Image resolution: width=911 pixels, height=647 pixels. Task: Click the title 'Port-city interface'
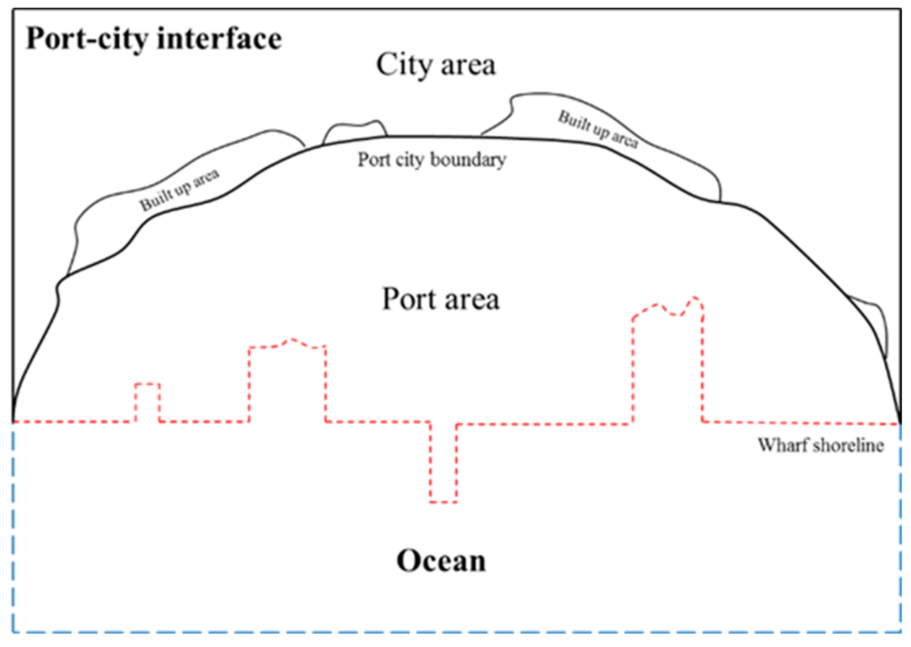(154, 39)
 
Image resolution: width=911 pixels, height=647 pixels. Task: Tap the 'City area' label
(435, 65)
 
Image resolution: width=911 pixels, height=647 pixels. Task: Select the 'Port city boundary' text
(432, 159)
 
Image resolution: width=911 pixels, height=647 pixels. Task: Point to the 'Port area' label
(440, 299)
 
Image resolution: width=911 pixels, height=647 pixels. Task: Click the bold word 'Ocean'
(441, 561)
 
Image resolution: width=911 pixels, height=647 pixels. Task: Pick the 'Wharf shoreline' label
(821, 445)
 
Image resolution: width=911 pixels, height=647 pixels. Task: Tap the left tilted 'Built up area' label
(179, 190)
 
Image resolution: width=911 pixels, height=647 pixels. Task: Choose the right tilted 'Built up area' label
(598, 129)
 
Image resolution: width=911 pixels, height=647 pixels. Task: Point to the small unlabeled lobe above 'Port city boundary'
(355, 132)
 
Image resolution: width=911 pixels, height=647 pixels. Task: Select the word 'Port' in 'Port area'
(408, 299)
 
